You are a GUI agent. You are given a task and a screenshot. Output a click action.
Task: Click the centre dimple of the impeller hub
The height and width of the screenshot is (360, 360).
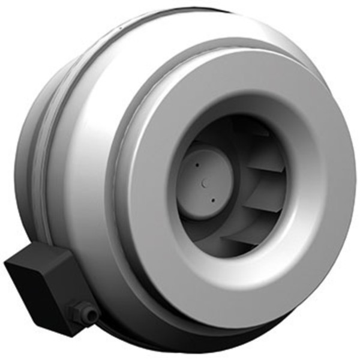tap(204, 180)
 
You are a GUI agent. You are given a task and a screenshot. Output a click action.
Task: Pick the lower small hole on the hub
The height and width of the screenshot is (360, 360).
tap(213, 200)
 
